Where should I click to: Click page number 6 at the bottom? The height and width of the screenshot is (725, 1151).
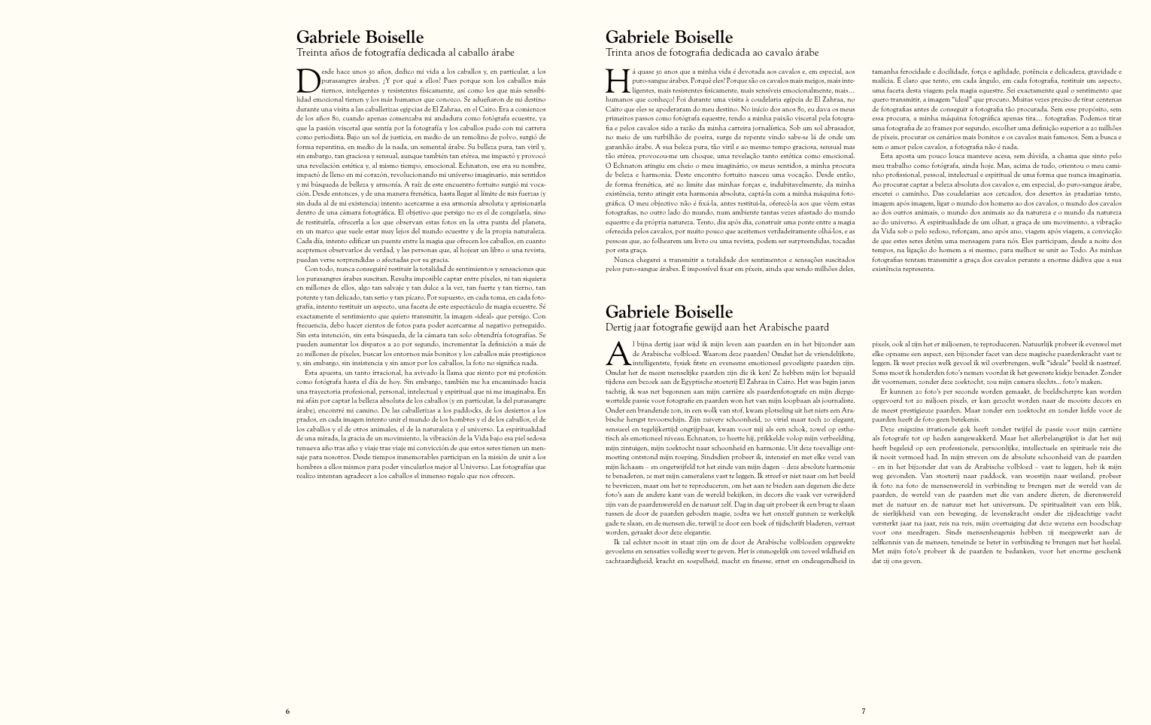287,711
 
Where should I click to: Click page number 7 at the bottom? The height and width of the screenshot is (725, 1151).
864,711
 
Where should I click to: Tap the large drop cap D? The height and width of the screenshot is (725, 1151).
308,81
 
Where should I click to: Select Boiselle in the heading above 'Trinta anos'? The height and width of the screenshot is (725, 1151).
699,37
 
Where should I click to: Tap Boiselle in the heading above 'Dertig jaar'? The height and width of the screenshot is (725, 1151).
699,312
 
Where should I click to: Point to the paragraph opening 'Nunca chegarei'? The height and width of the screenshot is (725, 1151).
730,263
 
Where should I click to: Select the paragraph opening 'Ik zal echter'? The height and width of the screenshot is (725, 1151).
730,551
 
